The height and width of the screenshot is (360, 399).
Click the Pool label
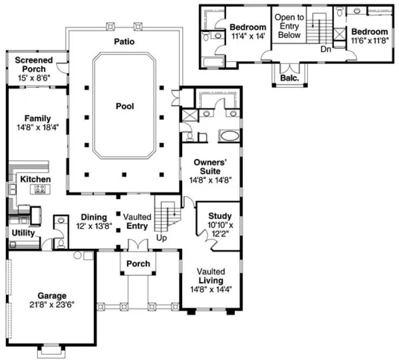[124, 106]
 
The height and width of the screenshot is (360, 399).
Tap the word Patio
[124, 41]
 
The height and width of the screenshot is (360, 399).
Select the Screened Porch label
[34, 65]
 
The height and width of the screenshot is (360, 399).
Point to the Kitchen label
[36, 179]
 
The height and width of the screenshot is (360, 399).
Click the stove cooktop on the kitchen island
[41, 189]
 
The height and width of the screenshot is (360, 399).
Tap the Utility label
[23, 233]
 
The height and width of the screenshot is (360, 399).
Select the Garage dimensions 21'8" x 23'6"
[52, 305]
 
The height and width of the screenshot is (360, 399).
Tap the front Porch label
[138, 263]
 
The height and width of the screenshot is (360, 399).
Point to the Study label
[220, 216]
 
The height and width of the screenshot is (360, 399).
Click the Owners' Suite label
[210, 166]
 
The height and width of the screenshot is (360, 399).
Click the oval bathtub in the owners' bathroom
[230, 136]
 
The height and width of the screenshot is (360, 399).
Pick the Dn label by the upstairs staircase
[325, 49]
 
